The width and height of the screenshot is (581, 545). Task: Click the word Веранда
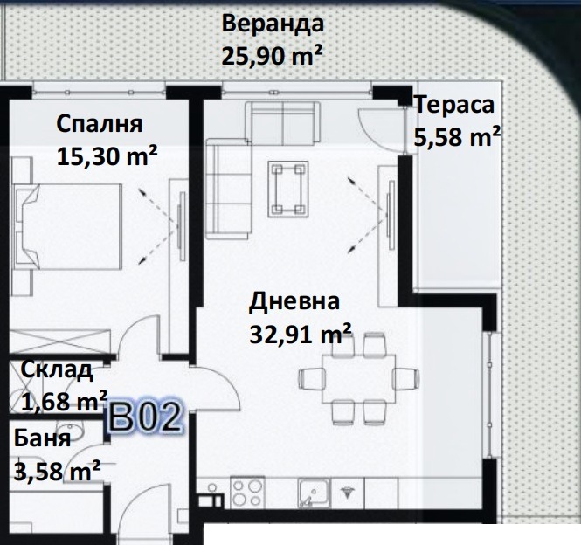273,24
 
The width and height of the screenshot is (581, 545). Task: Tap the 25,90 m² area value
272,56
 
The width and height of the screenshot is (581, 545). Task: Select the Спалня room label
100,124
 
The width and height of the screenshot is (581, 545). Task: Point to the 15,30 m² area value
107,156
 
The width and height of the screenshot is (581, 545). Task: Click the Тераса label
454,105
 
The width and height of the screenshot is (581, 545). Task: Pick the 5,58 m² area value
457,137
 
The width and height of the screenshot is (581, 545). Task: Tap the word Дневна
294,301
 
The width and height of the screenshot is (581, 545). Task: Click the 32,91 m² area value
301,335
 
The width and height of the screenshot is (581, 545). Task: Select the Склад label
56,369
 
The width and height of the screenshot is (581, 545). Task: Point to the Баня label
42,438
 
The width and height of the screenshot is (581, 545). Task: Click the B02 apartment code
146,417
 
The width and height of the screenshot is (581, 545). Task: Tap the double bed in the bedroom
67,227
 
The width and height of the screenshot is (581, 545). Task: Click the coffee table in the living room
288,189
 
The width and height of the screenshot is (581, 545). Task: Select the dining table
358,379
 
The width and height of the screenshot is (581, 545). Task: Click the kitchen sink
315,493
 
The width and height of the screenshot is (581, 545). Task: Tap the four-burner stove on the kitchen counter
247,493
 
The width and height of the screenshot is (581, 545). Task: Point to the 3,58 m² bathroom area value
57,471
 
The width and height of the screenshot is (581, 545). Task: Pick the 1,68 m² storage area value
64,401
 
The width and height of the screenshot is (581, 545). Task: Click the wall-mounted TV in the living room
391,215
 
